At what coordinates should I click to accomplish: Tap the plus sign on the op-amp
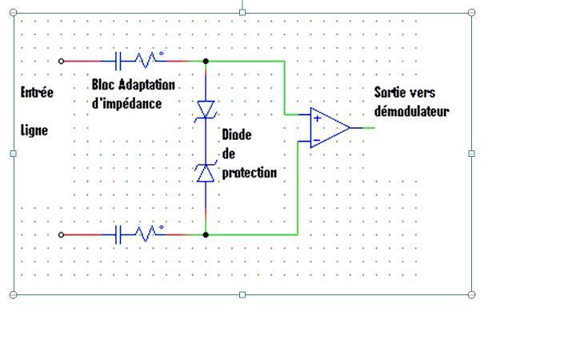(x=318, y=118)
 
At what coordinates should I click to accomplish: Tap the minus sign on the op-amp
(x=317, y=140)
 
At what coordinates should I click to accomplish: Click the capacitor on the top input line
(x=119, y=61)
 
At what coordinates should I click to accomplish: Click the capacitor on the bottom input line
(x=119, y=234)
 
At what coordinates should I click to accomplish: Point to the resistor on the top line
(x=146, y=60)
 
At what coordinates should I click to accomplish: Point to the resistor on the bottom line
(x=146, y=234)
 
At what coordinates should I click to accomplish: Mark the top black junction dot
(x=206, y=61)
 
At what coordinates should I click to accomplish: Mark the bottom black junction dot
(x=206, y=234)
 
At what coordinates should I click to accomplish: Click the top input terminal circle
(x=62, y=61)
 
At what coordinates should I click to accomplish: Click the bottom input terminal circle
(x=62, y=234)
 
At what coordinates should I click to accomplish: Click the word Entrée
(x=37, y=92)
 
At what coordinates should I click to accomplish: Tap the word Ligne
(x=34, y=130)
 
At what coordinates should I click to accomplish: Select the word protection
(x=249, y=172)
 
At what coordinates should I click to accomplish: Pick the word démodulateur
(x=411, y=111)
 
